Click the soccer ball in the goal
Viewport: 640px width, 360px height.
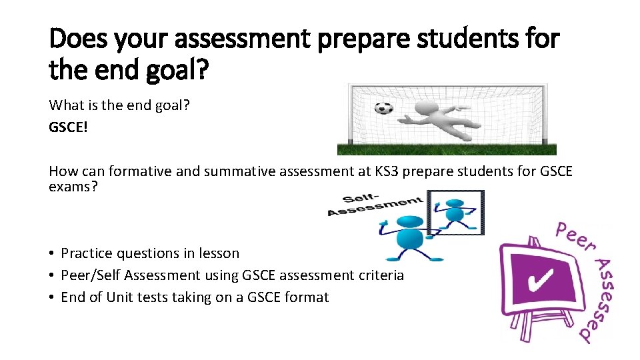point(383,107)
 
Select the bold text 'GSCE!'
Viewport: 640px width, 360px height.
point(68,127)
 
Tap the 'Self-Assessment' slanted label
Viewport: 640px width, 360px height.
point(374,205)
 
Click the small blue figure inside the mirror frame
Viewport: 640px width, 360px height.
point(455,212)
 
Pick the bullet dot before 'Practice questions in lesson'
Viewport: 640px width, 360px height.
point(51,253)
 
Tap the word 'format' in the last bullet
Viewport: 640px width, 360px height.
point(308,297)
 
